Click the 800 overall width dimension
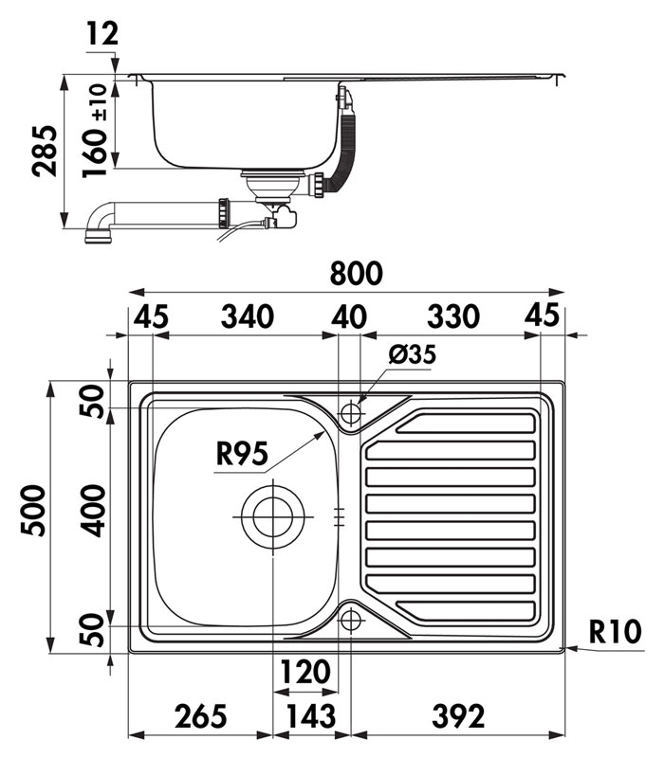click(x=357, y=273)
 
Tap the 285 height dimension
click(x=45, y=151)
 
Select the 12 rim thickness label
click(x=102, y=34)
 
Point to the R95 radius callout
click(x=242, y=454)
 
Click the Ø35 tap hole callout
click(x=412, y=354)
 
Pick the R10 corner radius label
click(x=615, y=631)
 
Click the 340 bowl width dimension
click(x=248, y=316)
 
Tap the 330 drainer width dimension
click(x=453, y=316)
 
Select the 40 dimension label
click(x=349, y=316)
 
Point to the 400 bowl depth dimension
click(x=92, y=512)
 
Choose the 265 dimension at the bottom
click(x=201, y=716)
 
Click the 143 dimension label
click(x=311, y=716)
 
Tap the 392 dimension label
click(x=458, y=716)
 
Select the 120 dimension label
click(x=305, y=672)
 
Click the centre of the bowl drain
click(x=273, y=516)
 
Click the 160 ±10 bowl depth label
click(x=95, y=131)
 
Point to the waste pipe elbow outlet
click(x=99, y=238)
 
